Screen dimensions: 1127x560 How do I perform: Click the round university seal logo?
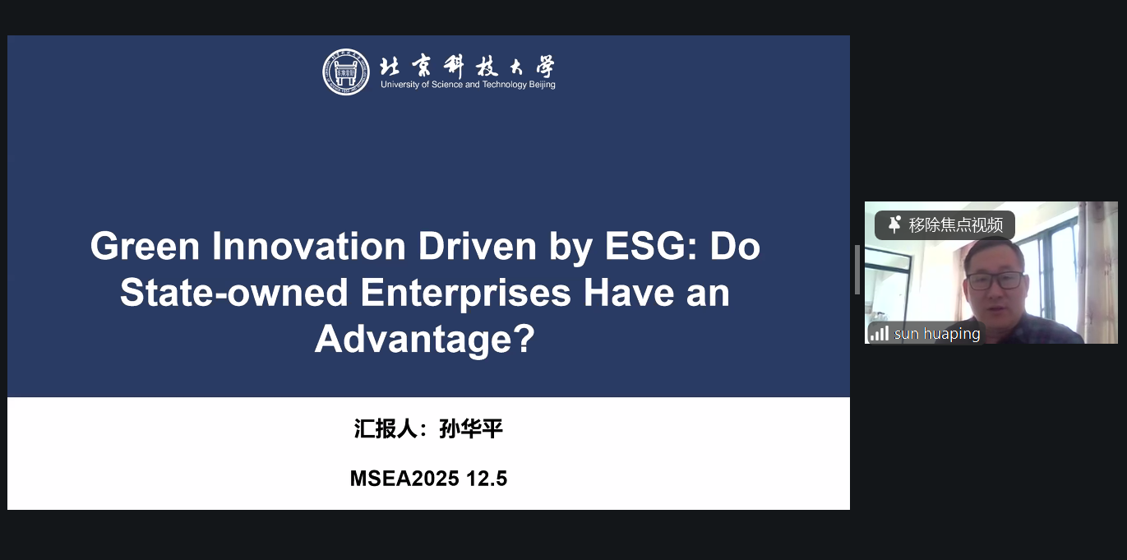345,72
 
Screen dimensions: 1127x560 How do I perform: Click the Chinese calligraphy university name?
467,67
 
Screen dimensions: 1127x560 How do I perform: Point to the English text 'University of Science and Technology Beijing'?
468,85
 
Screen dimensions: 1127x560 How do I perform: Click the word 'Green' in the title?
145,246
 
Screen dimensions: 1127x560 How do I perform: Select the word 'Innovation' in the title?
309,246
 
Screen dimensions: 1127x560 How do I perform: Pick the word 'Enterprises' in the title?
466,294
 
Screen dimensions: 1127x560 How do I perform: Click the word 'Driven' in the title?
478,246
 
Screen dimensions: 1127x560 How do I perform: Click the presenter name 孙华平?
471,428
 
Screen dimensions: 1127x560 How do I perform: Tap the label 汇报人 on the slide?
386,428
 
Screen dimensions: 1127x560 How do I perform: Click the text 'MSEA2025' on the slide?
404,478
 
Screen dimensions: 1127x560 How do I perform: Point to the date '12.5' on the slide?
487,478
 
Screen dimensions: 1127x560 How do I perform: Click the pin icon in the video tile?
894,224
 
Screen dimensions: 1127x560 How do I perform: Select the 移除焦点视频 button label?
955,225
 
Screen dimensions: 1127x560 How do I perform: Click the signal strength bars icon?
880,333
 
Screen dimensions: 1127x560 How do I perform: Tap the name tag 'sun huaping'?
937,334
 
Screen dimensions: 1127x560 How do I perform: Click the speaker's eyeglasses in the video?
995,280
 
